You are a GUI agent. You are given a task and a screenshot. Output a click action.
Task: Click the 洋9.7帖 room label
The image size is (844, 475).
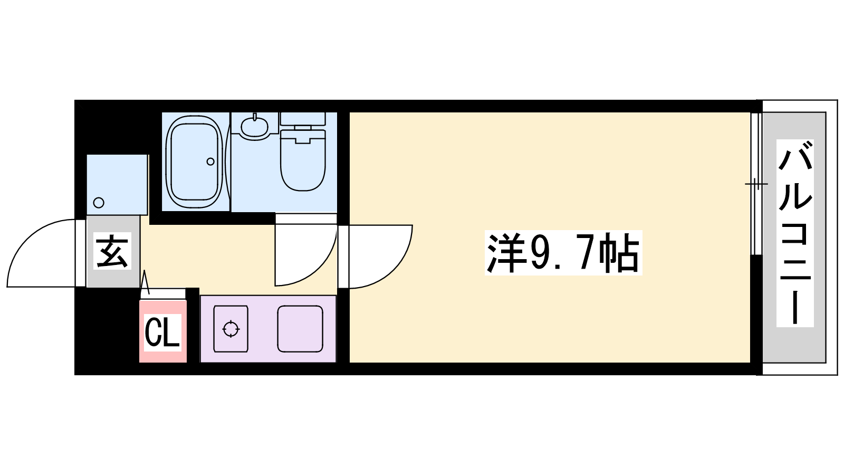pyautogui.click(x=563, y=253)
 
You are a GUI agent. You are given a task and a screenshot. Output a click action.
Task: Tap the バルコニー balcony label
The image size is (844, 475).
pyautogui.click(x=795, y=233)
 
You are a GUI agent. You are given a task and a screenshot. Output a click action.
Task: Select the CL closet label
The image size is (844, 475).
pyautogui.click(x=162, y=332)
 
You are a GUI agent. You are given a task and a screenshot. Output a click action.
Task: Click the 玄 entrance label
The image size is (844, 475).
pyautogui.click(x=112, y=251)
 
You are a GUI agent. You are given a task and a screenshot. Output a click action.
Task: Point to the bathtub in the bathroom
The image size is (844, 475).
pyautogui.click(x=194, y=162)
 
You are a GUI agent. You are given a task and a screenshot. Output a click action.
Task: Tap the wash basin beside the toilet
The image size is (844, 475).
pyautogui.click(x=255, y=126)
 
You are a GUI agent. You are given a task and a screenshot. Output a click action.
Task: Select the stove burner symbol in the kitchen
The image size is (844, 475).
pyautogui.click(x=231, y=329)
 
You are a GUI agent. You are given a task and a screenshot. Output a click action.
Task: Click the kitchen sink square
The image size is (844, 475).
pyautogui.click(x=300, y=329)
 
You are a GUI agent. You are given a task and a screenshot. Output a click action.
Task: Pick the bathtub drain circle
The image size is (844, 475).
pyautogui.click(x=210, y=161)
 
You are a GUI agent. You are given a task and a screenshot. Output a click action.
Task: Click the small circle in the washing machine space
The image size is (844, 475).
pyautogui.click(x=99, y=203)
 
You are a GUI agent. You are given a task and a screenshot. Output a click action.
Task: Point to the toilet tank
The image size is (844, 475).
pyautogui.click(x=303, y=119)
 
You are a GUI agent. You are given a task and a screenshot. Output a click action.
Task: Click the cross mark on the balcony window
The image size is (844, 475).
pyautogui.click(x=756, y=184)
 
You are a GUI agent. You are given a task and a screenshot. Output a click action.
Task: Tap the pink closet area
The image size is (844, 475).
pyautogui.click(x=163, y=331)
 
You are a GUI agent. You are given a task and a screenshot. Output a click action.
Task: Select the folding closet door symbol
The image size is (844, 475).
pyautogui.click(x=146, y=282)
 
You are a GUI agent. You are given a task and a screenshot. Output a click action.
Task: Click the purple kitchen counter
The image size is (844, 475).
pyautogui.click(x=268, y=329)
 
